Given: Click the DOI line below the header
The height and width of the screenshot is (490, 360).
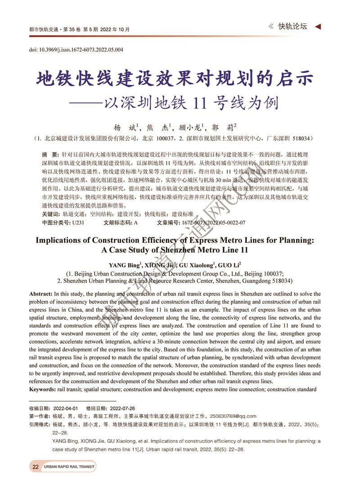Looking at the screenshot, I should [76, 50].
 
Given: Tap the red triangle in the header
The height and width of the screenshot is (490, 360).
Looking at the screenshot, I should [318, 27].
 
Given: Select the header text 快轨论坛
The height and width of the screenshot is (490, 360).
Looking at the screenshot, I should [292, 27].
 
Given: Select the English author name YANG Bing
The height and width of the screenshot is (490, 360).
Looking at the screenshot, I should [124, 265].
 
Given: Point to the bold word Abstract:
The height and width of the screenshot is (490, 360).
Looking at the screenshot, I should [40, 294].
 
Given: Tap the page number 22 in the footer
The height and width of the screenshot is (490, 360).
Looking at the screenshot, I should [35, 467].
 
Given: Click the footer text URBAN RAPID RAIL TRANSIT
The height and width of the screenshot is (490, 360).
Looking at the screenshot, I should [69, 467].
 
